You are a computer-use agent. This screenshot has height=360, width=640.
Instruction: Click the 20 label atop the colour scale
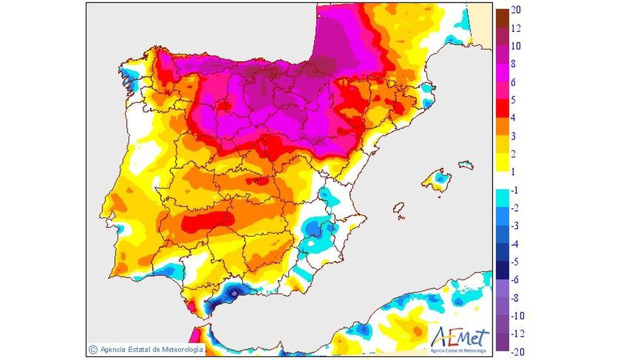(x=516, y=10)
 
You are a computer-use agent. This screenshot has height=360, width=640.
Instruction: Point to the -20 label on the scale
(x=517, y=351)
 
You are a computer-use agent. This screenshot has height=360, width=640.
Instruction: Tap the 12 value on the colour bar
(x=516, y=28)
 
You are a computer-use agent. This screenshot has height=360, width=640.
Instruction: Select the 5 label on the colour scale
(x=513, y=99)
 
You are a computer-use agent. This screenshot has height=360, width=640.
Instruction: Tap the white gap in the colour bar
(x=501, y=179)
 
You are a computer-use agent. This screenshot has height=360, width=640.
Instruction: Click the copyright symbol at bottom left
(x=92, y=350)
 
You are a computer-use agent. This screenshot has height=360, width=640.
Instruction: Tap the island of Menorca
(x=466, y=165)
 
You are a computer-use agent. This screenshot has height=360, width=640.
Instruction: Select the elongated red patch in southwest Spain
(x=206, y=221)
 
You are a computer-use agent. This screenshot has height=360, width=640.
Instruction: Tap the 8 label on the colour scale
(x=513, y=64)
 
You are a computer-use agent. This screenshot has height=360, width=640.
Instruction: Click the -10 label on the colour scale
(x=517, y=315)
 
